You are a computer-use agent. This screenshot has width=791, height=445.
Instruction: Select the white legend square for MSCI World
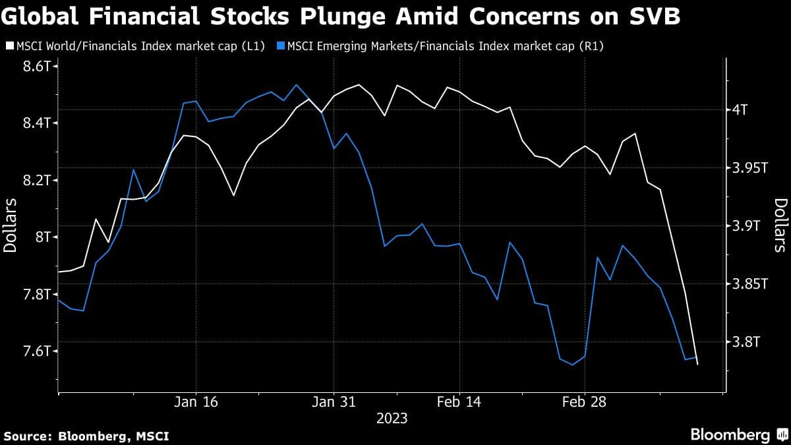9,45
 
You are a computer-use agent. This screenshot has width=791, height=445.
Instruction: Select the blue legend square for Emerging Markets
281,45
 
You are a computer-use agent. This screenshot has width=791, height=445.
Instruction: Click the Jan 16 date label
196,401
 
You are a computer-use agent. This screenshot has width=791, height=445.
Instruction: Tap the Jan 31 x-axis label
334,401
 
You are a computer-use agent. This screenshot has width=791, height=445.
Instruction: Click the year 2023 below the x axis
392,418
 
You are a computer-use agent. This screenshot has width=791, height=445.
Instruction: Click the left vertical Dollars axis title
11,223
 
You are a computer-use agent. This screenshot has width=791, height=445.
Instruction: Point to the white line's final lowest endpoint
697,364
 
